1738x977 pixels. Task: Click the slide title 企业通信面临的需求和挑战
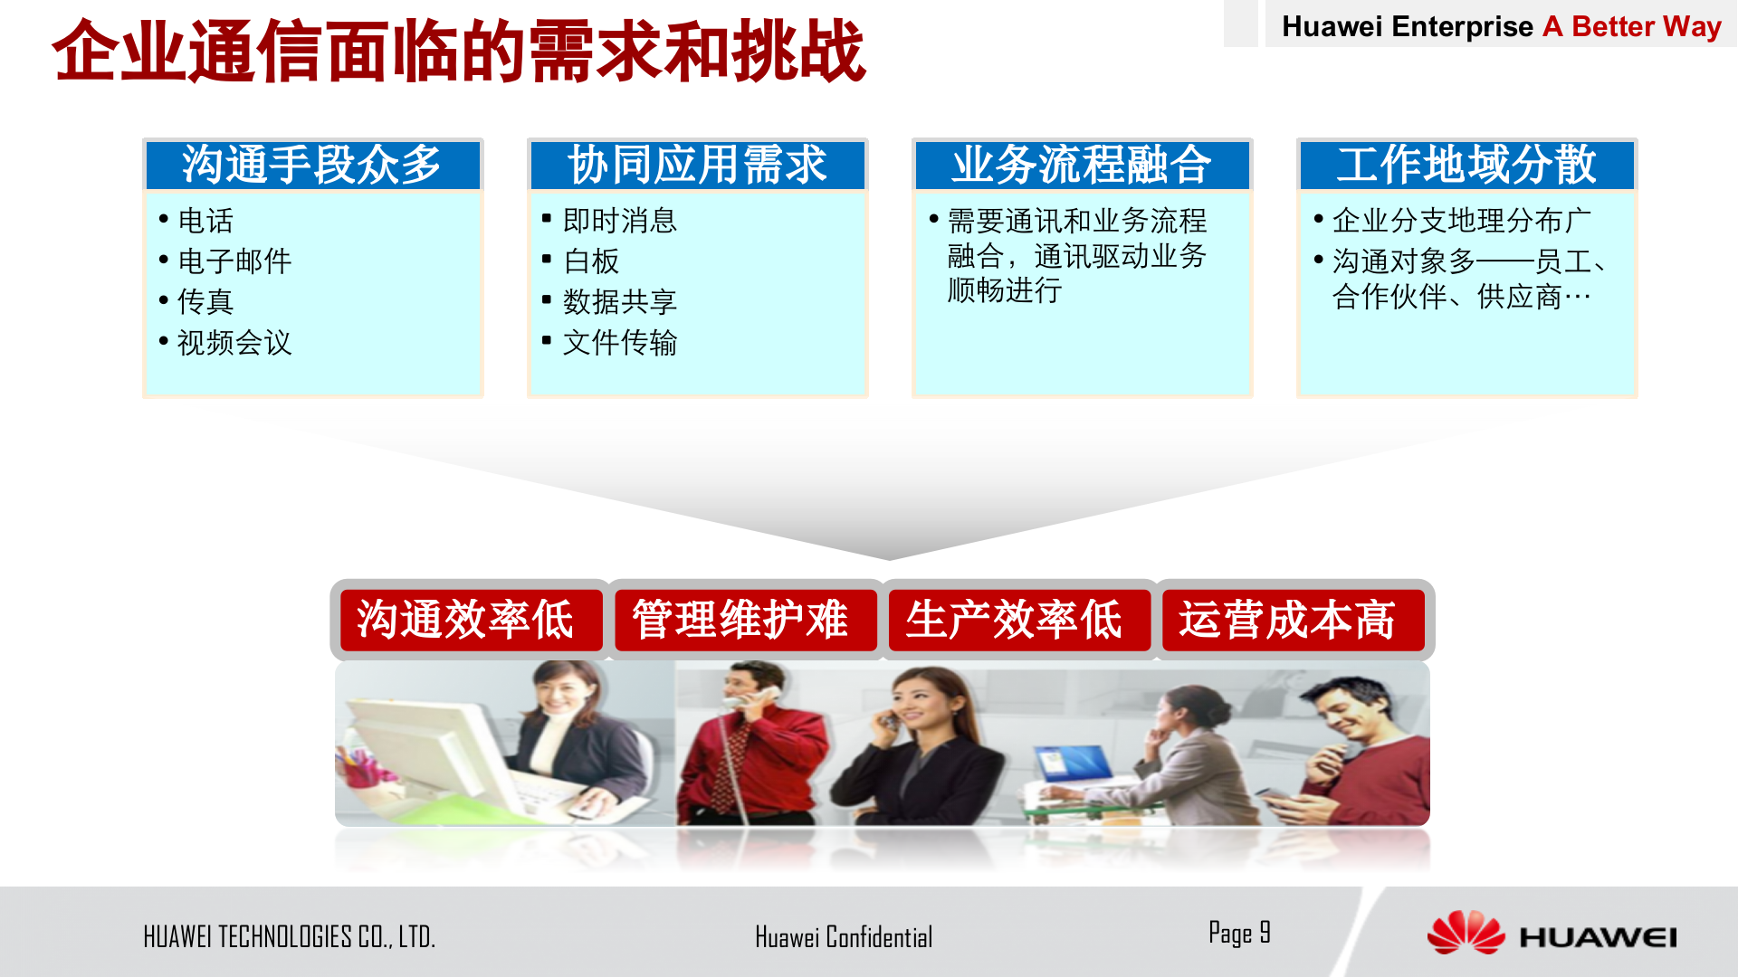(x=459, y=52)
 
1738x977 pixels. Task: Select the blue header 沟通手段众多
(x=312, y=165)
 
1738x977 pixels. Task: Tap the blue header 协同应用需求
(x=697, y=165)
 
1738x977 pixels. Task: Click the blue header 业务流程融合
(x=1082, y=165)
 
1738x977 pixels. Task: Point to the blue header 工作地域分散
(x=1466, y=165)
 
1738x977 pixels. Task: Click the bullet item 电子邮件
(x=234, y=261)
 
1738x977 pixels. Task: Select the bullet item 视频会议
(x=234, y=343)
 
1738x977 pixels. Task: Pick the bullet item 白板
(x=591, y=261)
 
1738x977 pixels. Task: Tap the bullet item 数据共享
(x=619, y=302)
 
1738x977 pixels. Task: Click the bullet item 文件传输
(x=619, y=343)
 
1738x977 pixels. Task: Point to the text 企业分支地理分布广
(x=1461, y=221)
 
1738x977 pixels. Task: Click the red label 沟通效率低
(x=465, y=621)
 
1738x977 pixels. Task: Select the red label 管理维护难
(x=740, y=621)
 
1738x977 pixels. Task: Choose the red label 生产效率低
(x=1014, y=621)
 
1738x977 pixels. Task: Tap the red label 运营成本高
(x=1287, y=621)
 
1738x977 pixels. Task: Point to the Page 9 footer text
(x=1239, y=933)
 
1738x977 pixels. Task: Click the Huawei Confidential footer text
(x=844, y=937)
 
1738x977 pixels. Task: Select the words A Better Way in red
(x=1631, y=26)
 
